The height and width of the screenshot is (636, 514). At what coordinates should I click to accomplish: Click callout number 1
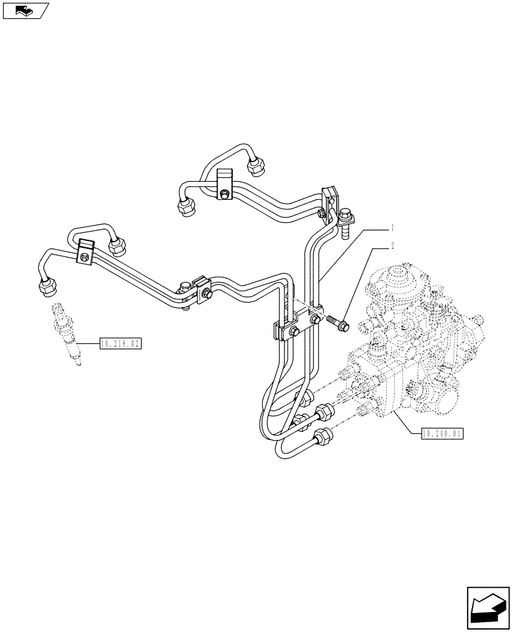click(394, 227)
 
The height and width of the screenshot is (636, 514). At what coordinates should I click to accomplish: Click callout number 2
click(392, 245)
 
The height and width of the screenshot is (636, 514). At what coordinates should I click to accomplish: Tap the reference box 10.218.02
click(120, 344)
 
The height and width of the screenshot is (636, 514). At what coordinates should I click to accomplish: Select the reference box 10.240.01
click(443, 434)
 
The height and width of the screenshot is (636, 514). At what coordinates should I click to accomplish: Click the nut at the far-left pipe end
click(46, 287)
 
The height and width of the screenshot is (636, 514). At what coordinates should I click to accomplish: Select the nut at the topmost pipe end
click(257, 166)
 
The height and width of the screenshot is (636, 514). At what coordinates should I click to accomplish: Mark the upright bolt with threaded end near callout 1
click(346, 224)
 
